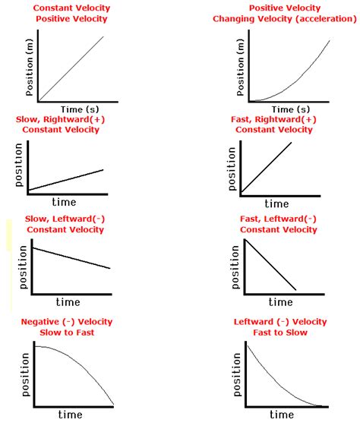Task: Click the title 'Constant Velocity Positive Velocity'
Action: tap(71, 13)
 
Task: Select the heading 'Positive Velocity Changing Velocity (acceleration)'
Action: tap(283, 13)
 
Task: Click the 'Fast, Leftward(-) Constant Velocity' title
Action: tap(279, 224)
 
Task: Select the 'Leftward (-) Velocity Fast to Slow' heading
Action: tap(281, 326)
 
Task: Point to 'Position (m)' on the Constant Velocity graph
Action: tap(30, 68)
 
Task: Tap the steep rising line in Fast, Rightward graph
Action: tap(266, 167)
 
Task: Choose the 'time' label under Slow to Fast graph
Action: tap(69, 415)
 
